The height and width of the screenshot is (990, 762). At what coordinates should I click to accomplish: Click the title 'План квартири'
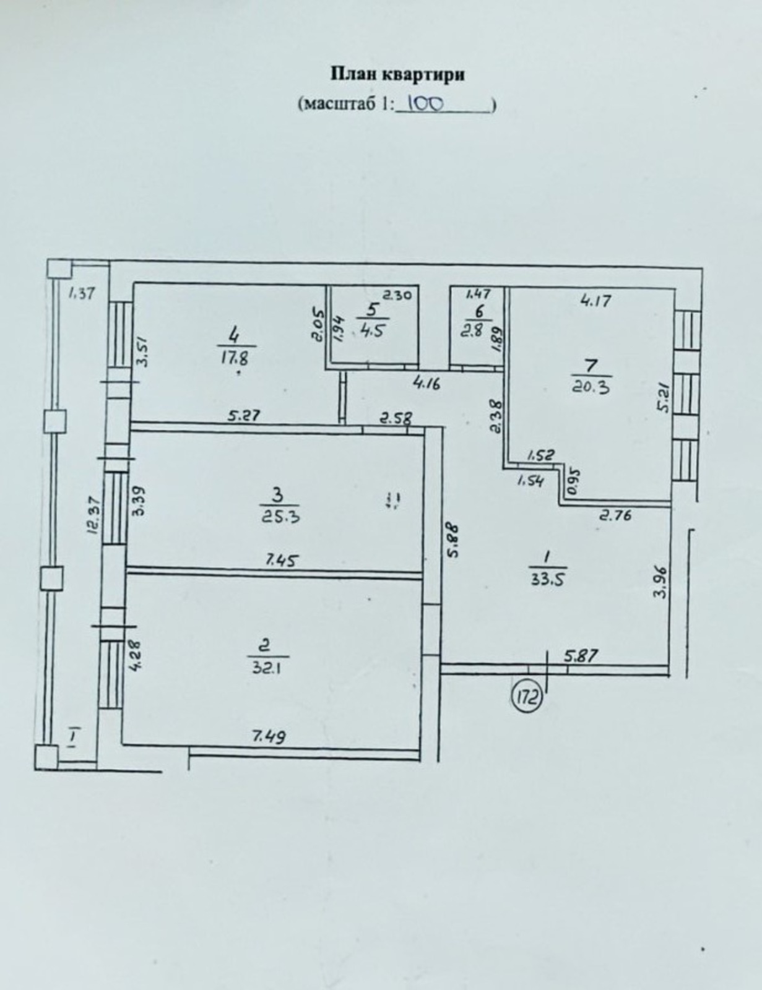(x=397, y=75)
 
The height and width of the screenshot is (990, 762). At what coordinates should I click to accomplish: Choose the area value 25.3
(x=280, y=517)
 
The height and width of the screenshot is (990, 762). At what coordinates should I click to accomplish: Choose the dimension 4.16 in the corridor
(x=426, y=384)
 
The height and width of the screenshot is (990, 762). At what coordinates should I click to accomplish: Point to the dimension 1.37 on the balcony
(x=82, y=293)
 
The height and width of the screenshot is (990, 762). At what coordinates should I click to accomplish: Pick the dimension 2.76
(x=615, y=516)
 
